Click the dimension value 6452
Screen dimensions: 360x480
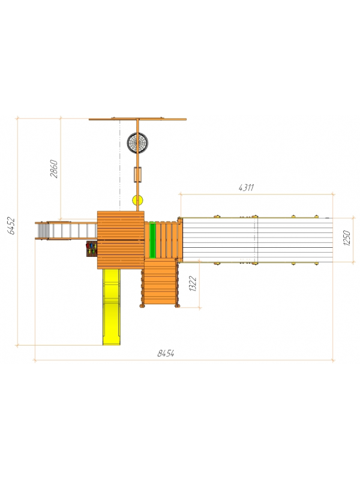[x=11, y=226]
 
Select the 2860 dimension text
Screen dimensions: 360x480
[x=54, y=169]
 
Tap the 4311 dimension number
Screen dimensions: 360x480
[x=247, y=187]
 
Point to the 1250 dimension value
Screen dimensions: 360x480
[x=347, y=238]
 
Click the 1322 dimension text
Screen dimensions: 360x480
[x=193, y=283]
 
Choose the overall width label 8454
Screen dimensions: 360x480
[x=166, y=353]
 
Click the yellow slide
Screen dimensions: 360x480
[x=112, y=307]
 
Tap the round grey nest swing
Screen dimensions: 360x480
[x=137, y=142]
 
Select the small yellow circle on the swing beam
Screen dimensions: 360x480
[x=137, y=200]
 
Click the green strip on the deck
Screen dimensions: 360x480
[x=152, y=240]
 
